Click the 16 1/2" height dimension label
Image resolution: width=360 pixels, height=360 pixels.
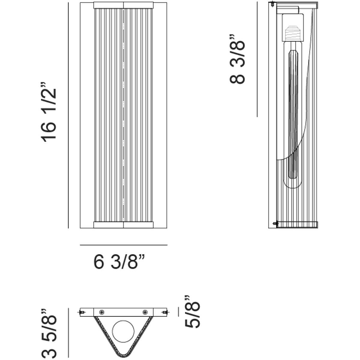click(48, 112)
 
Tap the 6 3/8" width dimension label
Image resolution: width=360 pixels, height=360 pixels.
click(119, 262)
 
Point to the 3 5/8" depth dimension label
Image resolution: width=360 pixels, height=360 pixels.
click(49, 331)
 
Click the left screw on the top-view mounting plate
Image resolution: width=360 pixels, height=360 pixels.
click(102, 312)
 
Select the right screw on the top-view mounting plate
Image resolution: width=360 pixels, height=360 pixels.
click(145, 312)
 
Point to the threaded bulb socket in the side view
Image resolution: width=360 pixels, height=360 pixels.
click(292, 34)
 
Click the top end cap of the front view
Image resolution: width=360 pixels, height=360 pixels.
click(123, 5)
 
